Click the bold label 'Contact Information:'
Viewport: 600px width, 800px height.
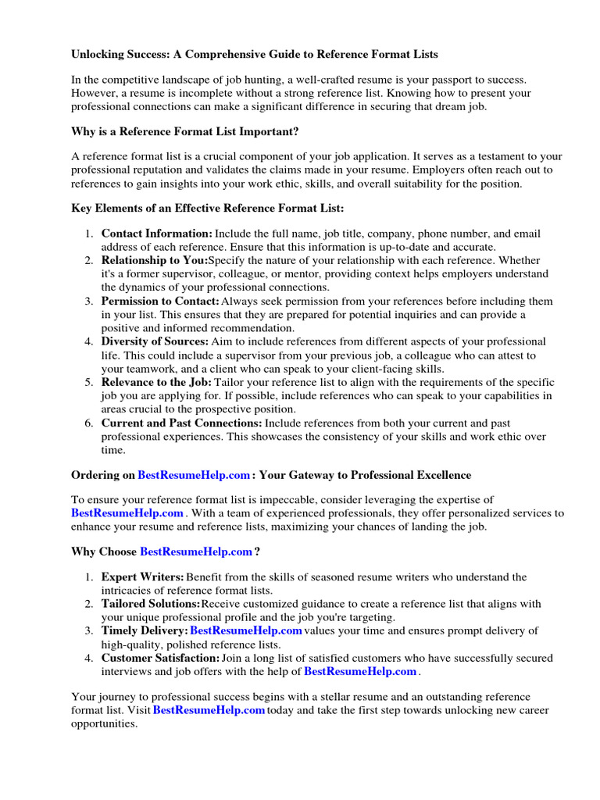coord(156,234)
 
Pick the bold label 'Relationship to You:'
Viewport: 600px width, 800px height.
coord(154,260)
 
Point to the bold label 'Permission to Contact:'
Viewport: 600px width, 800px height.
coord(160,301)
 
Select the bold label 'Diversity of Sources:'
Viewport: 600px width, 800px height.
coord(155,341)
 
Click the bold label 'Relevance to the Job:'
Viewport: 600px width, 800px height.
coord(156,382)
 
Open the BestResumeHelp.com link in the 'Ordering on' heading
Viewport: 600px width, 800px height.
coord(195,474)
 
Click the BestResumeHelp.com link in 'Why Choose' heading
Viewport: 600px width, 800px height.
coord(196,552)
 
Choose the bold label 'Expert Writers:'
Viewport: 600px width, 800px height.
coord(142,577)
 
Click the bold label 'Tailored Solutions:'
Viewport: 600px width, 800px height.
coord(150,604)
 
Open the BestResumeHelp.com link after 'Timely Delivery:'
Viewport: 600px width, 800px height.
coord(246,630)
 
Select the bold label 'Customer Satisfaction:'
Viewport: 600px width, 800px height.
coord(160,658)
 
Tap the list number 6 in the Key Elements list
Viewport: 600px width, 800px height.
coord(90,423)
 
